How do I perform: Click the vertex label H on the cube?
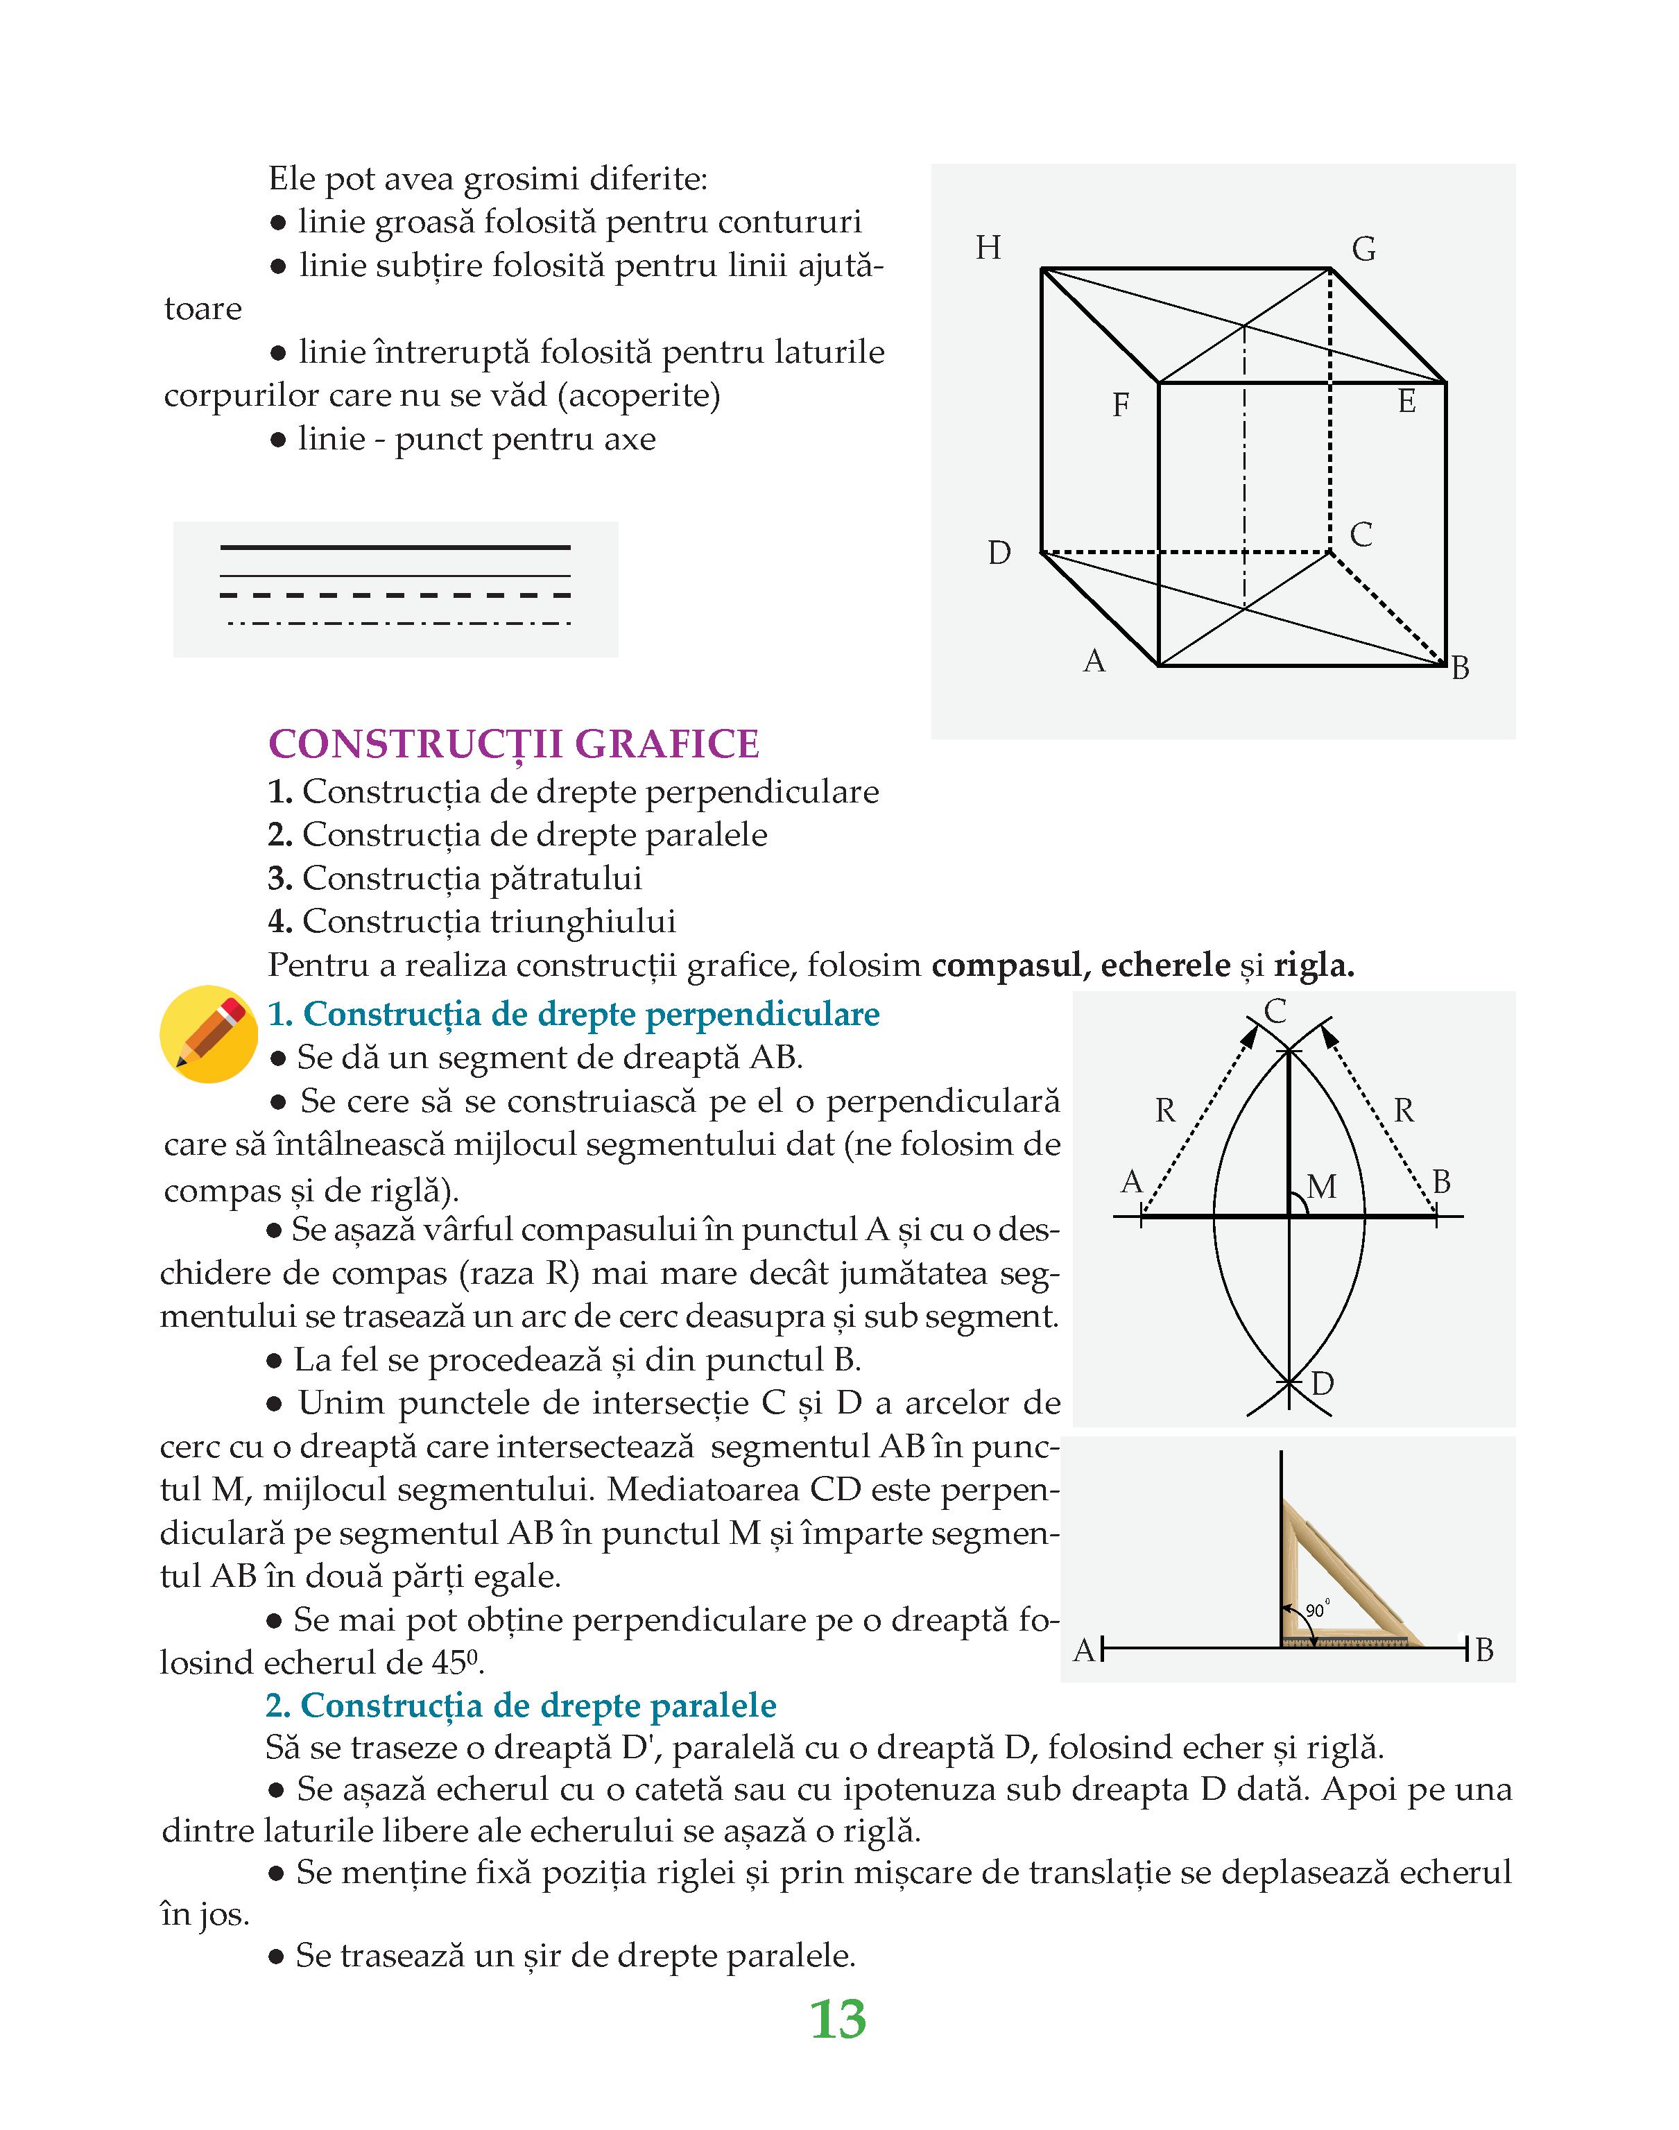988,248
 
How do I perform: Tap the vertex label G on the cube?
1363,250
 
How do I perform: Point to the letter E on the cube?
1406,401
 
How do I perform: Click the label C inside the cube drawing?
1361,535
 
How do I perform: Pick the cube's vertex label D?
999,553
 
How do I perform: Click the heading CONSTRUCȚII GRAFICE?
514,744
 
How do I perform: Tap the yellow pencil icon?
208,1034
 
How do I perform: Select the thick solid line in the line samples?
395,547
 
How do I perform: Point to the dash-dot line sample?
398,623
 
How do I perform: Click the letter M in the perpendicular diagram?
1322,1187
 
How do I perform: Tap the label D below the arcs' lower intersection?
1322,1384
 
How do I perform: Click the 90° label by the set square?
1316,1610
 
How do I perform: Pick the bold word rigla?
1314,965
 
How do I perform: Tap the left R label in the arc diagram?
1165,1110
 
